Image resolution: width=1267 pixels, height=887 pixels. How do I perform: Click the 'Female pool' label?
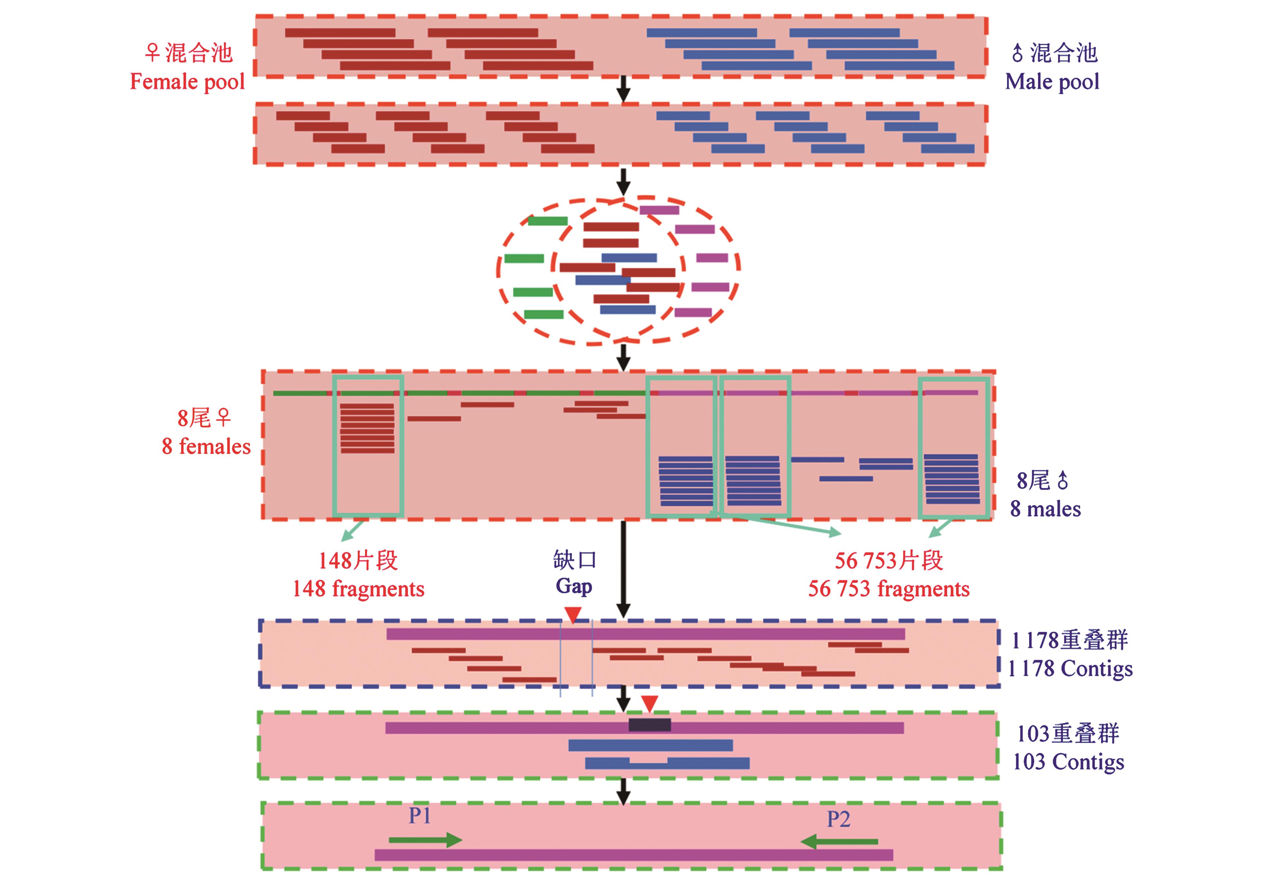(187, 82)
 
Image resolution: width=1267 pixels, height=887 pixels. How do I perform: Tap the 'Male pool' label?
(1052, 82)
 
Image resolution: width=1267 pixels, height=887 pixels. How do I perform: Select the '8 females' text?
(206, 446)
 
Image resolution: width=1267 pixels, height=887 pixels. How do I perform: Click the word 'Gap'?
(574, 586)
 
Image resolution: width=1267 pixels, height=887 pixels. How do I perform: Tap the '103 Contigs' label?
(1068, 762)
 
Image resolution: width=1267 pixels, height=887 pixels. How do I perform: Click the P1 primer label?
(419, 815)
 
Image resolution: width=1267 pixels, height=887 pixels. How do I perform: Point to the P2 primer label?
(838, 819)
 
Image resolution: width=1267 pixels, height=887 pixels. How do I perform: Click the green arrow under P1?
(425, 840)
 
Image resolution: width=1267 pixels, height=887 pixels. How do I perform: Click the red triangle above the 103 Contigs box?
(650, 703)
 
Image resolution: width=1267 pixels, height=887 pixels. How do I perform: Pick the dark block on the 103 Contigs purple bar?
(650, 725)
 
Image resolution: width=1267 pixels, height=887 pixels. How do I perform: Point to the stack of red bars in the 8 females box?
(368, 428)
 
